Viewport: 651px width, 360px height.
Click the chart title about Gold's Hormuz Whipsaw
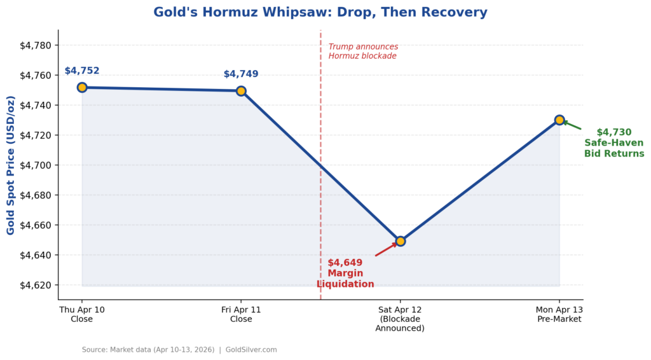pyautogui.click(x=320, y=12)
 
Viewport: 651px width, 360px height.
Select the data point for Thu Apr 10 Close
pyautogui.click(x=82, y=88)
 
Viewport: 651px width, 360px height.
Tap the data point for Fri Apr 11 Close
pyautogui.click(x=241, y=91)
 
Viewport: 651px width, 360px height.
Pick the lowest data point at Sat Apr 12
pyautogui.click(x=400, y=241)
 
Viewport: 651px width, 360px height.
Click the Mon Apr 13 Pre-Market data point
pyautogui.click(x=559, y=120)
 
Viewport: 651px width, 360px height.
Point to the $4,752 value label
pyautogui.click(x=82, y=71)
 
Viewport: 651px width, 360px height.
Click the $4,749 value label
pyautogui.click(x=241, y=74)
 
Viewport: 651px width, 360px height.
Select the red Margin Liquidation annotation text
pyautogui.click(x=345, y=273)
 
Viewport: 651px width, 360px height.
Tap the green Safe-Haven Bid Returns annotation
pyautogui.click(x=614, y=143)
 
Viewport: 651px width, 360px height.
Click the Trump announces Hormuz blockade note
pyautogui.click(x=363, y=52)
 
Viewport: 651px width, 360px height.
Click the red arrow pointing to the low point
pyautogui.click(x=386, y=249)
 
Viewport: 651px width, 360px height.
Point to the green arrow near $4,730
pyautogui.click(x=572, y=125)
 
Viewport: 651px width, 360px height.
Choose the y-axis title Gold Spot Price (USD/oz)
pyautogui.click(x=11, y=165)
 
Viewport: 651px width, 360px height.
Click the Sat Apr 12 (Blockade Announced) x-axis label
pyautogui.click(x=400, y=319)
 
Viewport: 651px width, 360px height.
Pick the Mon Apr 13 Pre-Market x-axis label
pyautogui.click(x=559, y=314)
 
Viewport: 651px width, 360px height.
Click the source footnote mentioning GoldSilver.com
pyautogui.click(x=179, y=350)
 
